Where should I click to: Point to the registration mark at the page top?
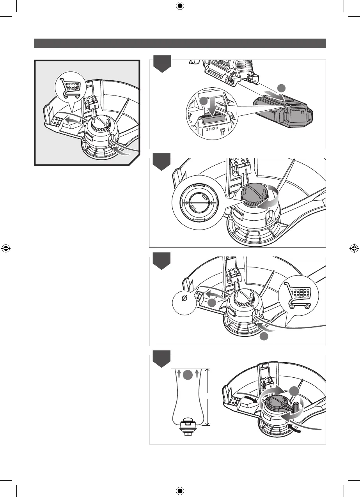(180, 6)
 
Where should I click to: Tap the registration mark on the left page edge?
(6, 248)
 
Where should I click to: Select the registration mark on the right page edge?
(354, 248)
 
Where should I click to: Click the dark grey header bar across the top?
(180, 43)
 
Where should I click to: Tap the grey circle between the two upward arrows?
(187, 375)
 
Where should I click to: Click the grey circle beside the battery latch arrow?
(202, 101)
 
